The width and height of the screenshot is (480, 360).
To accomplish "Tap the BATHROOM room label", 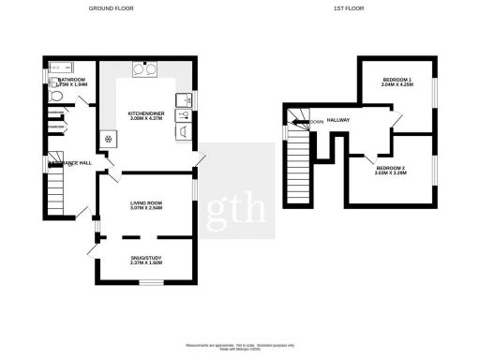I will click(x=71, y=81).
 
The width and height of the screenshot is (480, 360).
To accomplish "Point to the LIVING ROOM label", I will click(x=146, y=202).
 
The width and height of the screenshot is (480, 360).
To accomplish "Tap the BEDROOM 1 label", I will click(x=397, y=81).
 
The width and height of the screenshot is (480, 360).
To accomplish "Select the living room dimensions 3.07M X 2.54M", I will click(x=146, y=208).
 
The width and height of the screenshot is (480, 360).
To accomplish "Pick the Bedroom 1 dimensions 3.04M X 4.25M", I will click(x=397, y=86).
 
